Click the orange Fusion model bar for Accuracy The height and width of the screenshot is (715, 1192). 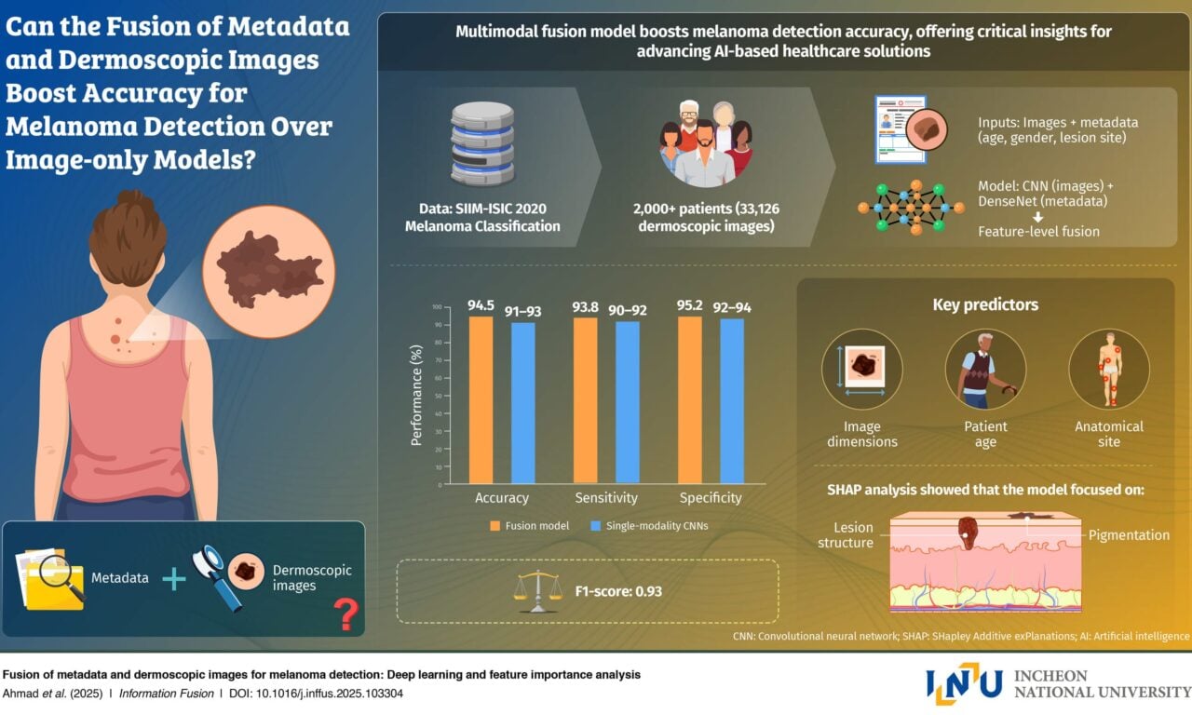(x=481, y=400)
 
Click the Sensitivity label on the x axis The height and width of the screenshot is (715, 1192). (x=606, y=498)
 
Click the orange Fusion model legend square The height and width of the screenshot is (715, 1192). (x=496, y=526)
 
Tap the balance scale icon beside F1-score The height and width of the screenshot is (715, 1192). (x=538, y=591)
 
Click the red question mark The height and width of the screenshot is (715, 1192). (x=345, y=614)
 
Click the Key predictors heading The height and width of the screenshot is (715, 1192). (x=985, y=304)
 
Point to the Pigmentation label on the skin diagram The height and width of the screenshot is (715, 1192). (x=1129, y=535)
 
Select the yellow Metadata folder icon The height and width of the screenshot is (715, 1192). (x=51, y=579)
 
